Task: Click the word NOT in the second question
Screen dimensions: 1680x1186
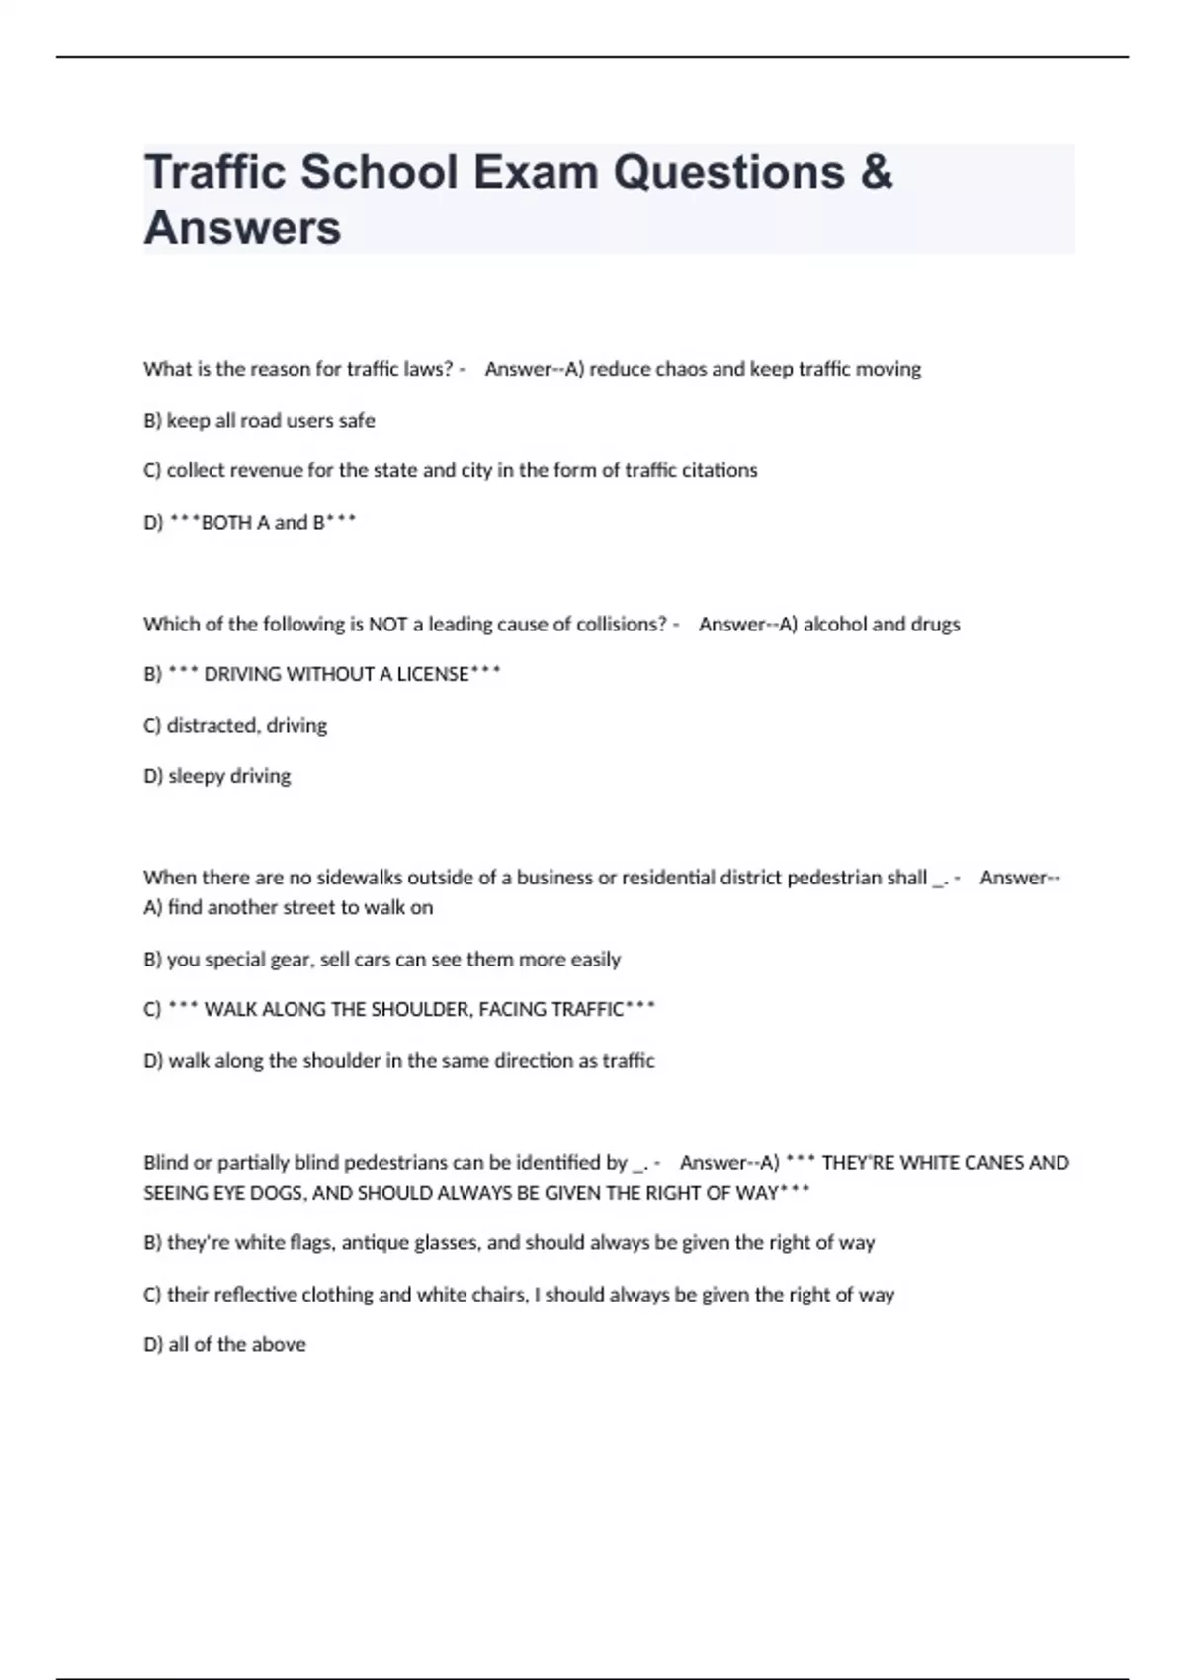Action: (x=387, y=624)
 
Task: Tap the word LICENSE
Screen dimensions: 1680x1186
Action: (x=433, y=674)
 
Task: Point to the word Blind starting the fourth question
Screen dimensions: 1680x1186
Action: (x=166, y=1162)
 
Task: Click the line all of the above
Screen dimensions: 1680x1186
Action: (x=236, y=1344)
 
